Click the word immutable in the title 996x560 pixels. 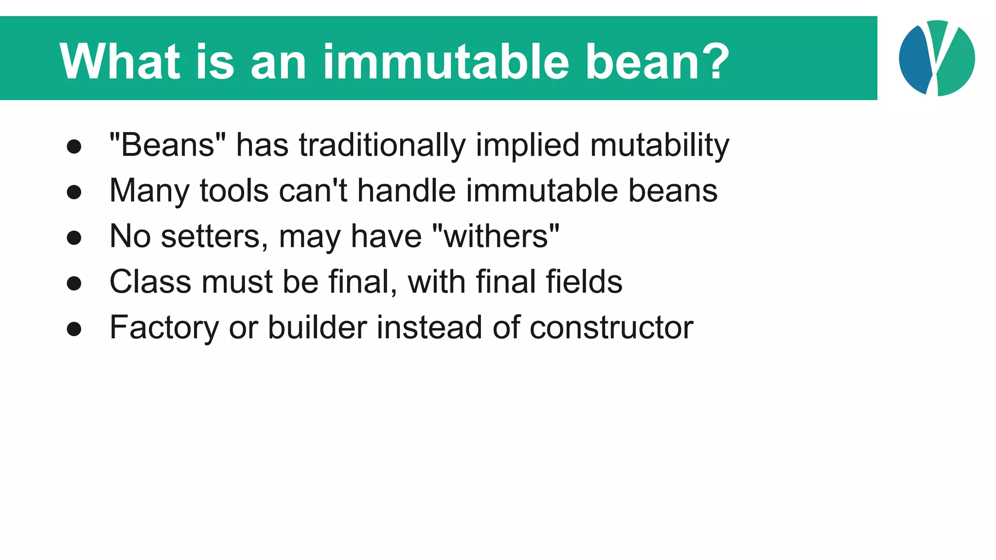coord(445,62)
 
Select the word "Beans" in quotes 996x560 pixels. coord(168,145)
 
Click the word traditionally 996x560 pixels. coord(382,146)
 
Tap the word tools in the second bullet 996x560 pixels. coord(234,190)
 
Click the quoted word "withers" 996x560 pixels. coord(496,236)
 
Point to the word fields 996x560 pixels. coord(584,281)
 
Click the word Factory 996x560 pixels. coord(164,328)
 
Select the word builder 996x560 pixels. coord(317,327)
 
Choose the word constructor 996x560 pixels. coord(611,328)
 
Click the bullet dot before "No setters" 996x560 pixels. coord(74,238)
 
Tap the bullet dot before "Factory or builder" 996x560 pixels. coord(74,329)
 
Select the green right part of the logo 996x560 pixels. coord(958,63)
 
